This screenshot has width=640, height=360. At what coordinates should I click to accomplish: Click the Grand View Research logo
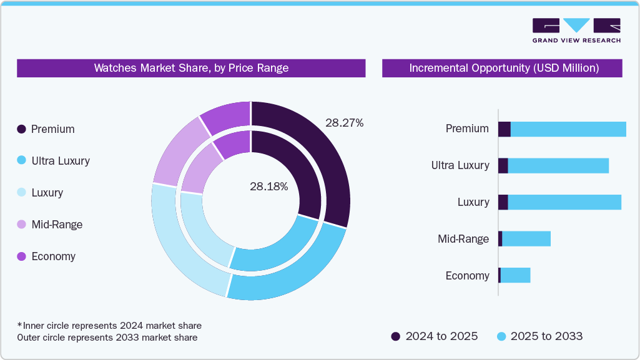pos(576,30)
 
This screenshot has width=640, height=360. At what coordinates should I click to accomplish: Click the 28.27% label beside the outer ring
pos(344,123)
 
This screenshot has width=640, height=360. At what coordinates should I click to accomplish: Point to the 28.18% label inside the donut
pos(268,187)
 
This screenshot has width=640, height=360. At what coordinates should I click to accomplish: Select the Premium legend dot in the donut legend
pos(21,129)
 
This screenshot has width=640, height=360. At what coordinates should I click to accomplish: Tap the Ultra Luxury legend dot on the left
pos(21,161)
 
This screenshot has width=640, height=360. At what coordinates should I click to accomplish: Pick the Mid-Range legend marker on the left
pos(21,225)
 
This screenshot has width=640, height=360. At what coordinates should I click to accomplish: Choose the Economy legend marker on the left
pos(21,256)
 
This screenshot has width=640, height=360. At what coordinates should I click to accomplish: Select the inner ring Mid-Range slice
pos(199,169)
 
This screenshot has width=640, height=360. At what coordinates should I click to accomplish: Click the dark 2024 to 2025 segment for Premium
pos(504,129)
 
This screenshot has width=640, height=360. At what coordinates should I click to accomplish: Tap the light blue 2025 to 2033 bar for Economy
pos(515,276)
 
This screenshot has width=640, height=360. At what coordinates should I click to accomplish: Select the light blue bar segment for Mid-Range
pos(526,239)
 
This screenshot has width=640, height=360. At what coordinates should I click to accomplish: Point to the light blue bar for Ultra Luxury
pos(558,166)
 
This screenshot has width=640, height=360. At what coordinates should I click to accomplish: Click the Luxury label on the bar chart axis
pos(473,202)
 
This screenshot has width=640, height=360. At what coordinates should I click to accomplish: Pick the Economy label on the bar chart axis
pos(467,276)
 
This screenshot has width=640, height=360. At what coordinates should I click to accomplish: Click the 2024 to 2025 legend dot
pos(396,336)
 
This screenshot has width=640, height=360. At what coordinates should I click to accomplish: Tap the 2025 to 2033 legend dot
pos(501,336)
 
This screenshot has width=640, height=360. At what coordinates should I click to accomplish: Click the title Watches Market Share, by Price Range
pos(191,68)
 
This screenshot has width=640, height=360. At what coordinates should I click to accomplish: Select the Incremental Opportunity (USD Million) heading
pos(503,68)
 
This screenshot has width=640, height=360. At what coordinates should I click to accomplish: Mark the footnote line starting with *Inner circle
pos(109,326)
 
